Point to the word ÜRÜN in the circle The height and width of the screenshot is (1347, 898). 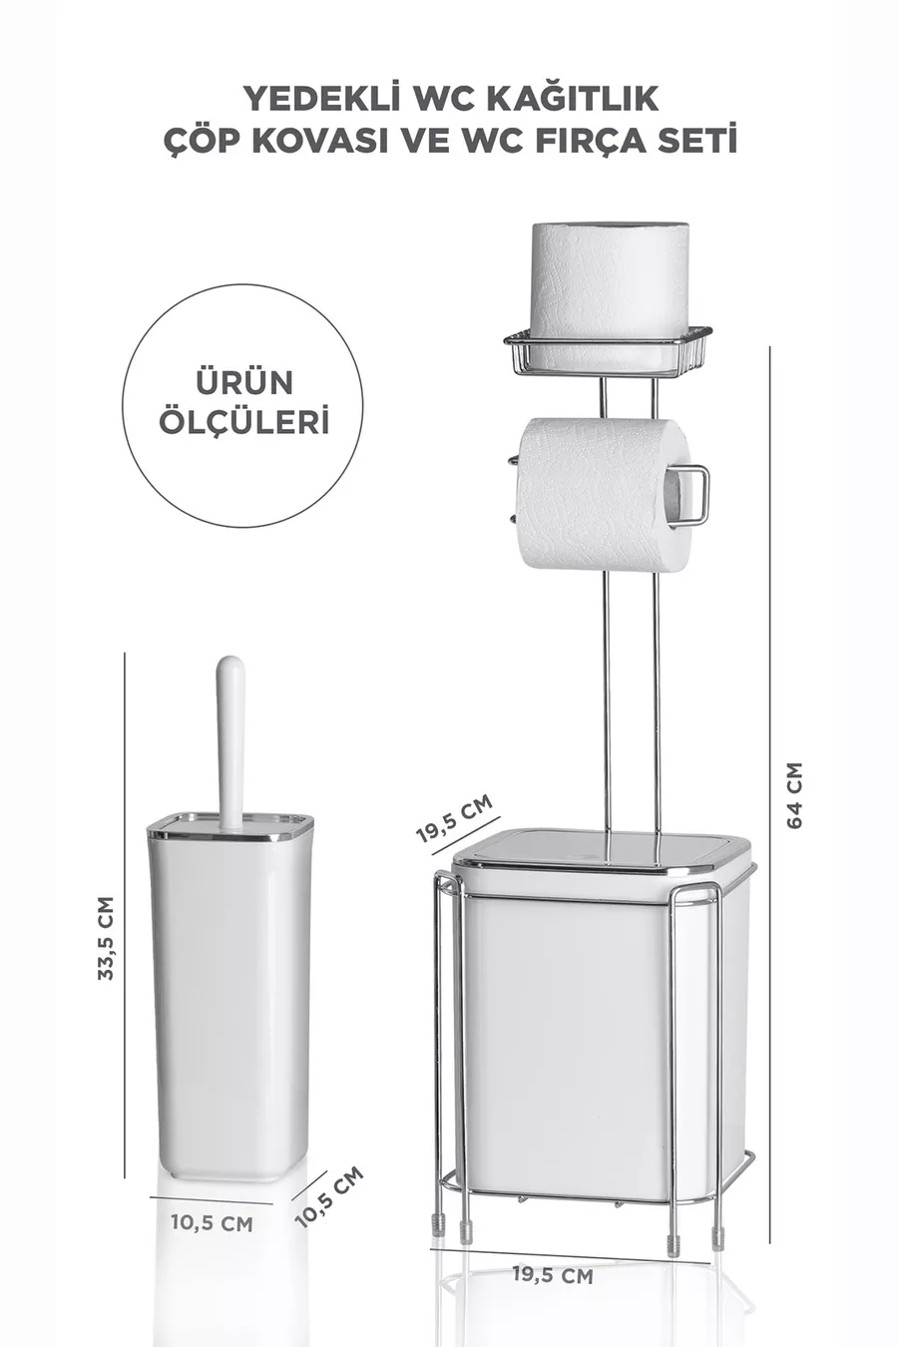point(244,382)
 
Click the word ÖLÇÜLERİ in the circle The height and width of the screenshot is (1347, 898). point(244,421)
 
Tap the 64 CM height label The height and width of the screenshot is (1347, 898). point(794,795)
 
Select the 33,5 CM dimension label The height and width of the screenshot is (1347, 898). point(106,938)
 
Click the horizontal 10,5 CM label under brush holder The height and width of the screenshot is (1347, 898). point(213,1222)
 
